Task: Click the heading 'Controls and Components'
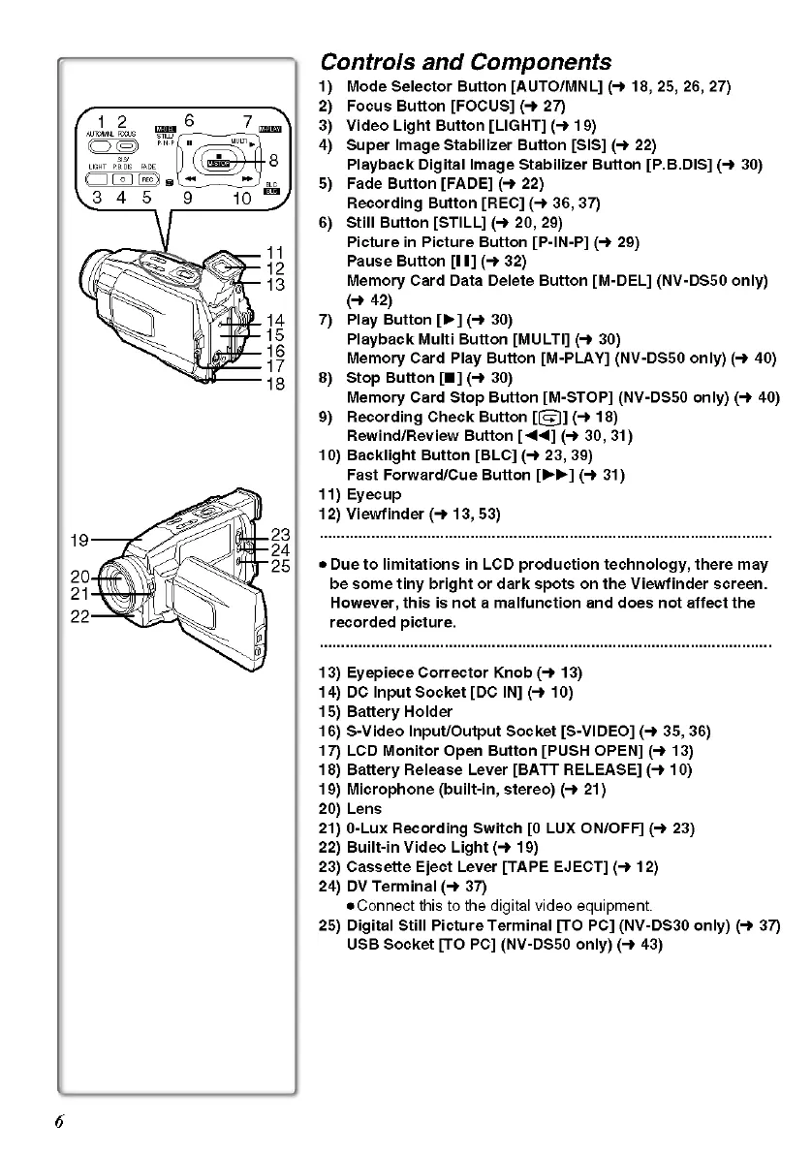(465, 63)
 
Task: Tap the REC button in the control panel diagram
(148, 179)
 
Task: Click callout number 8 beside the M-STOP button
(274, 161)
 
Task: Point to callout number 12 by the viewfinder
(274, 268)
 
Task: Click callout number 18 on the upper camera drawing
(274, 384)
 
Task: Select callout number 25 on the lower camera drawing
(280, 567)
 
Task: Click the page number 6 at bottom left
(59, 1122)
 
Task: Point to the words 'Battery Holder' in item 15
(399, 712)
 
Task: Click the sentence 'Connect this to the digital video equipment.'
(497, 906)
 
